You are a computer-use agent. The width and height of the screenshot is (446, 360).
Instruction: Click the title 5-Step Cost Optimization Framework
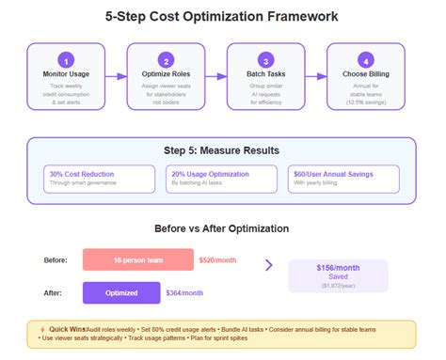(x=223, y=17)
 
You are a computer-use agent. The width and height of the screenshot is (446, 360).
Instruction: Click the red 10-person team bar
(x=137, y=258)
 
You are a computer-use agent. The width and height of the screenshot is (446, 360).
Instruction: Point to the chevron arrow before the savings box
(x=269, y=265)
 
